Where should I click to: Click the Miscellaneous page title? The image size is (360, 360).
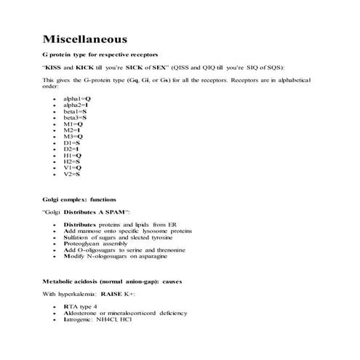pyautogui.click(x=86, y=38)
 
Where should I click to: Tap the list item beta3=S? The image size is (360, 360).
pyautogui.click(x=75, y=117)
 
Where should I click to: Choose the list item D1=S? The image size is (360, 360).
pyautogui.click(x=72, y=143)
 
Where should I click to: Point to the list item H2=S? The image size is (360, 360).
pyautogui.click(x=72, y=161)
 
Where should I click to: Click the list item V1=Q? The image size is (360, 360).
pyautogui.click(x=73, y=168)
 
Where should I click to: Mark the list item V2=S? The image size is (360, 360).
pyautogui.click(x=72, y=175)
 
